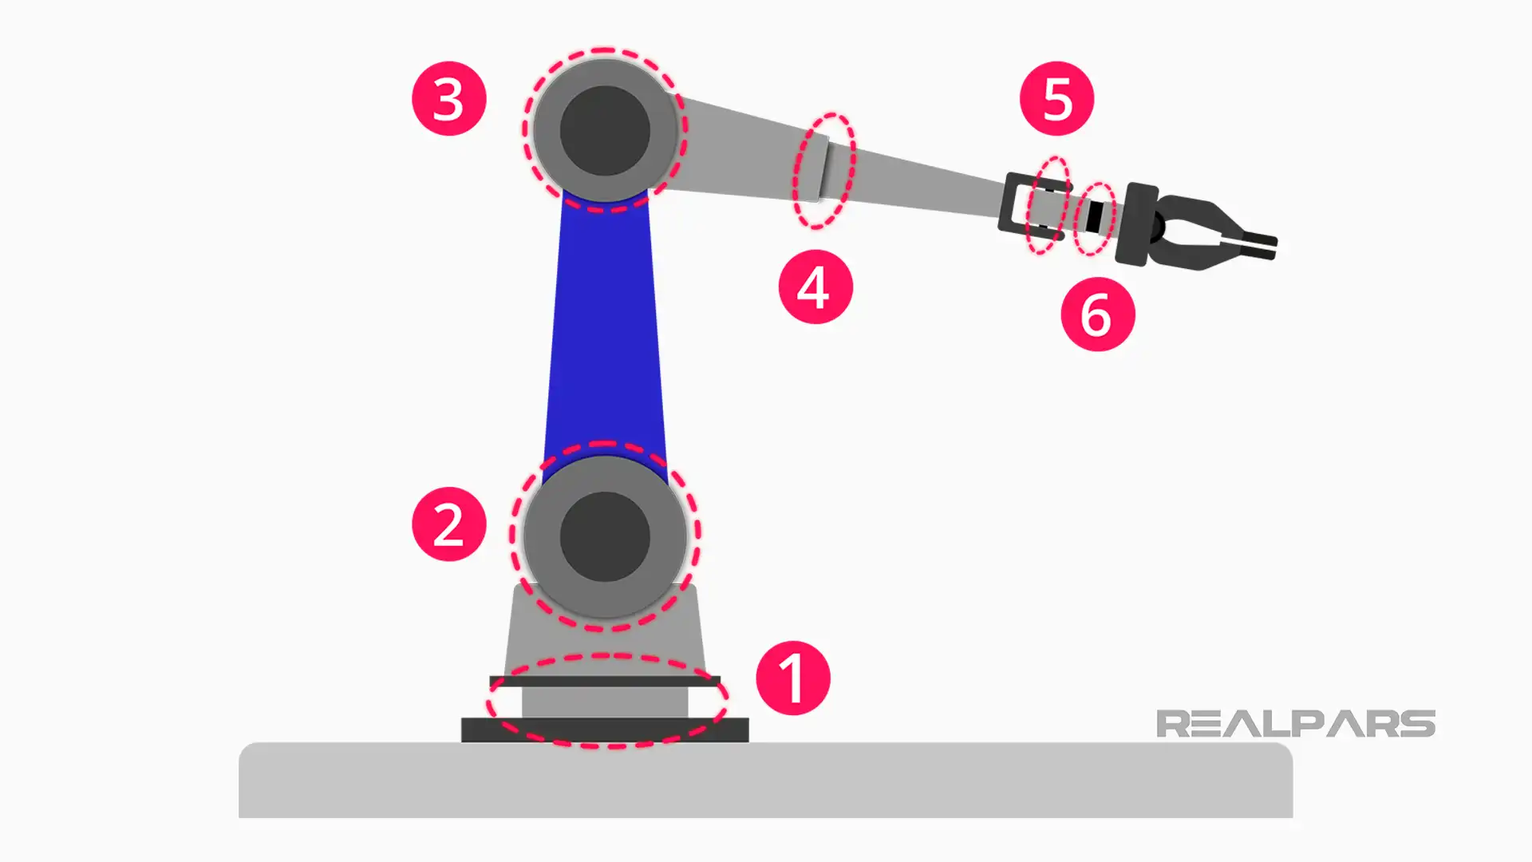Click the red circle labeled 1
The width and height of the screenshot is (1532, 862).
coord(792,678)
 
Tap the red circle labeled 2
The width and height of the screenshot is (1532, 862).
coord(448,524)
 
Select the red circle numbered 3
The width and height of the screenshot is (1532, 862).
coord(448,98)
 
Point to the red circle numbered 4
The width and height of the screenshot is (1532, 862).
coord(815,287)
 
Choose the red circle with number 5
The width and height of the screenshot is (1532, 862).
coord(1056,98)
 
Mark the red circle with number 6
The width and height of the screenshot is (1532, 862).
coord(1097,314)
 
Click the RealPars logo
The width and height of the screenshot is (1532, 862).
coord(1295,724)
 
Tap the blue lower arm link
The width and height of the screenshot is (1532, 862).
coord(605,335)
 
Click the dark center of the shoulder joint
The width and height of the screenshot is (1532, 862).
coord(605,536)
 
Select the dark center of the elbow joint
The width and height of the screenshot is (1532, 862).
coord(605,130)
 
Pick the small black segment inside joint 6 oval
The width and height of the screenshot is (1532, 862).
coord(1095,217)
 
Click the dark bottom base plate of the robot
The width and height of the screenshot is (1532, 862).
coord(605,730)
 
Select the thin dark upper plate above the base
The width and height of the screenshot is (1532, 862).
coord(605,681)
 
